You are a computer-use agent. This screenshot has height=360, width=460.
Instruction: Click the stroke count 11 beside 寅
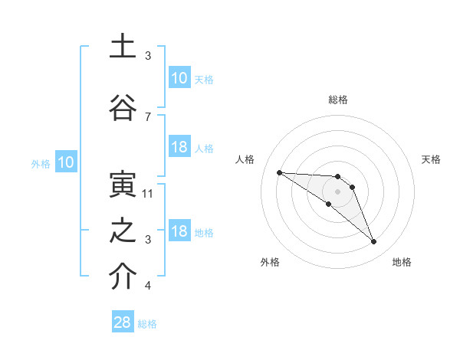point(148,194)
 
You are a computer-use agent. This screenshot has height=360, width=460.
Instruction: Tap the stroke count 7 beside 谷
point(148,116)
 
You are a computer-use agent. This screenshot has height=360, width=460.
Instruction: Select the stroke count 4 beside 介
point(148,286)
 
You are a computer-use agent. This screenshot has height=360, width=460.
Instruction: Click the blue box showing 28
point(123,322)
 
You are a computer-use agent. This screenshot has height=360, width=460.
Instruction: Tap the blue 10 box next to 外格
point(65,162)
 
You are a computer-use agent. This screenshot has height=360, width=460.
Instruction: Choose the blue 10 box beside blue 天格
point(179,78)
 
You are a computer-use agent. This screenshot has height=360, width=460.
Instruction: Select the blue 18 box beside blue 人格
point(179,147)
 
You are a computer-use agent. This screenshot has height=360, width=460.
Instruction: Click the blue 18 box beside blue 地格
point(179,231)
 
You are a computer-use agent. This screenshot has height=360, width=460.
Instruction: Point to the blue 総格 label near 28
point(147,324)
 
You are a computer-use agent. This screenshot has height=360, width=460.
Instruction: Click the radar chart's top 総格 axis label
point(337,100)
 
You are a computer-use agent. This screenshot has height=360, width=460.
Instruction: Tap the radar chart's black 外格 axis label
point(270,262)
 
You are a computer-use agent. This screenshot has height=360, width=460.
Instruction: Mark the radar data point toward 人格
point(279,172)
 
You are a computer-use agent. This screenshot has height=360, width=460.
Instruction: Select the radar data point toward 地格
point(373,242)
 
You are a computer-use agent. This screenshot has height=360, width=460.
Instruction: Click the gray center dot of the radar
point(337,191)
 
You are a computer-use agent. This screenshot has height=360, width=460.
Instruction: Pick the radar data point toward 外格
point(328,204)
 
